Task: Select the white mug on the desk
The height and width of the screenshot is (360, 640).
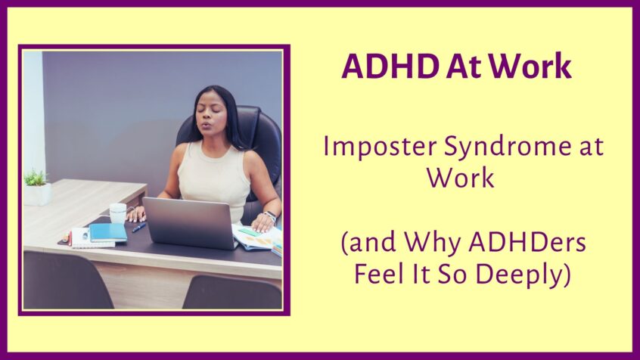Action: (117, 213)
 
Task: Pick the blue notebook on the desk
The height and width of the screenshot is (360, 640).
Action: (109, 231)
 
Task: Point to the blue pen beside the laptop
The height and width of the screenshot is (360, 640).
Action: (139, 227)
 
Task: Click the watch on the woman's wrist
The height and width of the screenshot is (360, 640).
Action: (270, 216)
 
